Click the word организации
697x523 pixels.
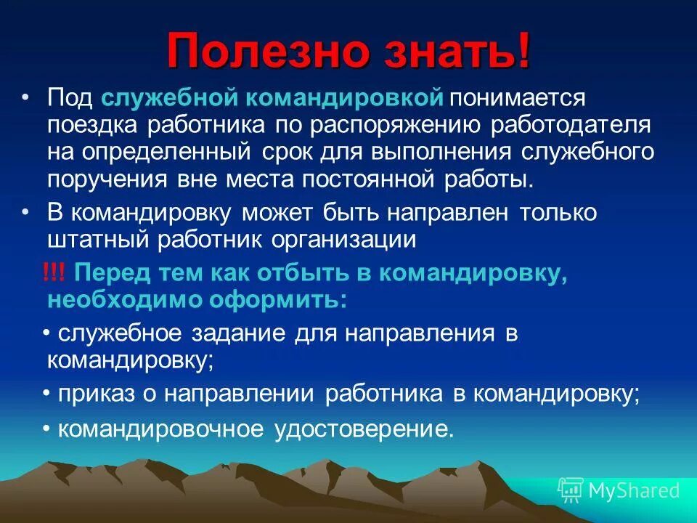pyautogui.click(x=346, y=240)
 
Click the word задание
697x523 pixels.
pyautogui.click(x=239, y=333)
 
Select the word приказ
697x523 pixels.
pyautogui.click(x=91, y=394)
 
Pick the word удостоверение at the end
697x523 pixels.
pyautogui.click(x=363, y=429)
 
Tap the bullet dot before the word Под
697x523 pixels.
pyautogui.click(x=26, y=97)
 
